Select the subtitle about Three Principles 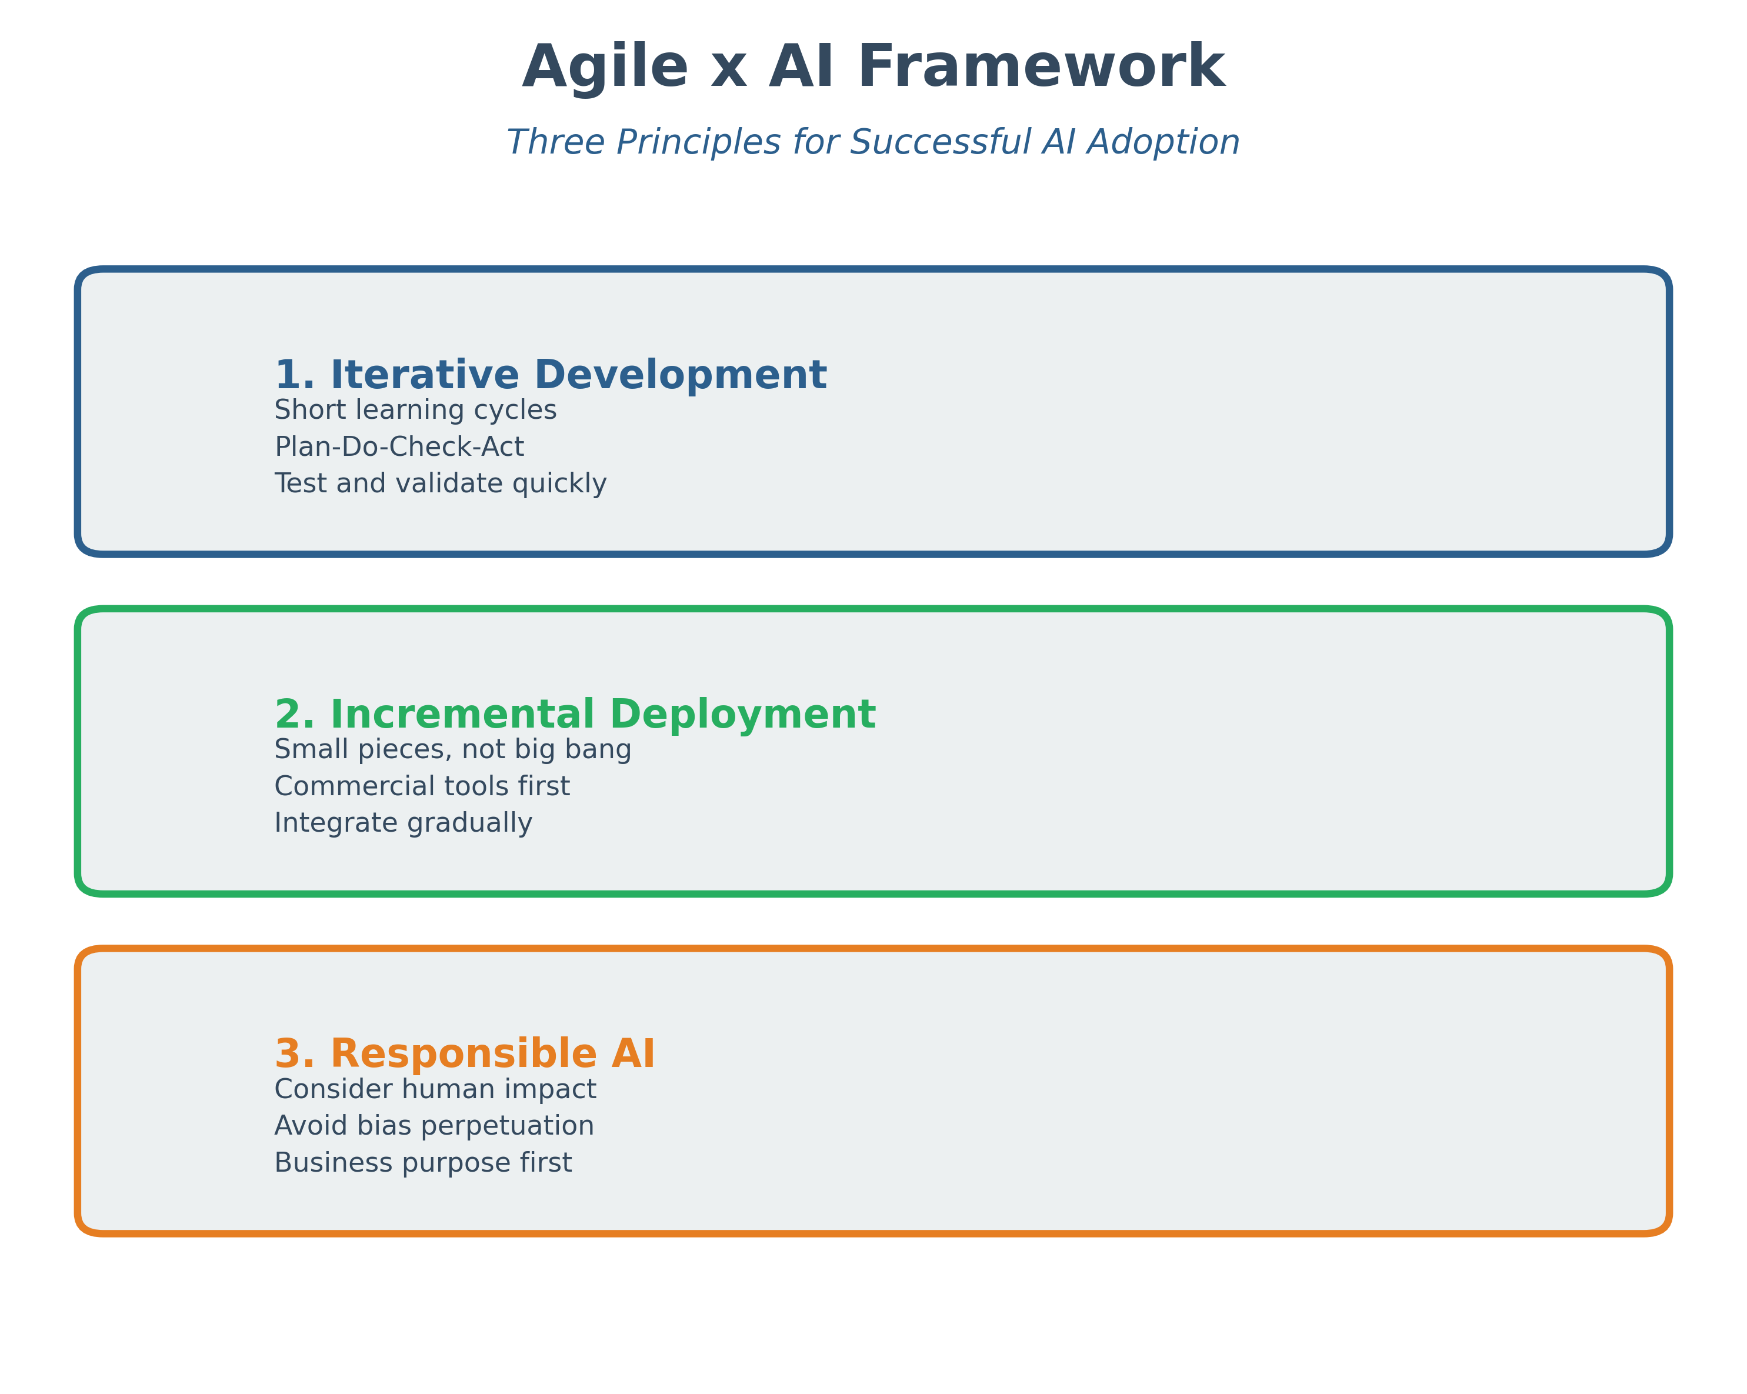[873, 143]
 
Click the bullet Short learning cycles [416, 410]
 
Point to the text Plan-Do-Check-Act [399, 446]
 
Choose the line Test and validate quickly [441, 484]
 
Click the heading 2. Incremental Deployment [575, 715]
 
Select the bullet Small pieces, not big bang [453, 750]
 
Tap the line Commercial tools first [422, 786]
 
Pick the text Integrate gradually [404, 823]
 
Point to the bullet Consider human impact [435, 1089]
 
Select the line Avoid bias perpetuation [434, 1126]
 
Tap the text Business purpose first [423, 1163]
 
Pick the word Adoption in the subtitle [1163, 143]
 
